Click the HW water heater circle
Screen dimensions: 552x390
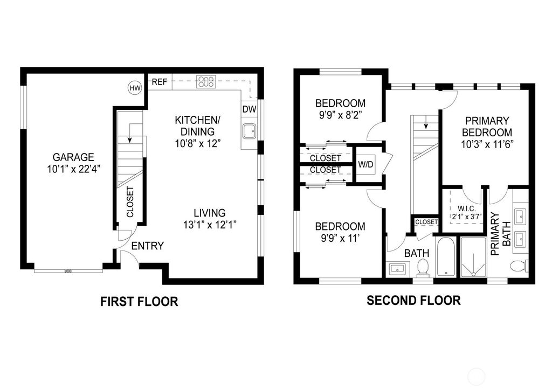pyautogui.click(x=134, y=87)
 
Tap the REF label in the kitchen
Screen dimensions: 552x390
pyautogui.click(x=159, y=82)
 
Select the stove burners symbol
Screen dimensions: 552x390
pyautogui.click(x=206, y=82)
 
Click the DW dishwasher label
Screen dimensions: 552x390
pyautogui.click(x=249, y=109)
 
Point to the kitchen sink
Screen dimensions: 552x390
pyautogui.click(x=249, y=131)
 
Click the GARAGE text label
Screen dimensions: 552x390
pyautogui.click(x=73, y=157)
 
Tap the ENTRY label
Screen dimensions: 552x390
pyautogui.click(x=147, y=246)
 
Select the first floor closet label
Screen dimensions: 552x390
pyautogui.click(x=130, y=203)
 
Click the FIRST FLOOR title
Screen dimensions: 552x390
pyautogui.click(x=139, y=302)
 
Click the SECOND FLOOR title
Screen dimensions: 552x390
pyautogui.click(x=413, y=301)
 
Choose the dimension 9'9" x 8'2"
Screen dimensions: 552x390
pyautogui.click(x=340, y=114)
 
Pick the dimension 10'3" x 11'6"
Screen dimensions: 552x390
pyautogui.click(x=488, y=144)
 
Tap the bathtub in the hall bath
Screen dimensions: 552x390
pyautogui.click(x=446, y=256)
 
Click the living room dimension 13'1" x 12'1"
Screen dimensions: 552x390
pyautogui.click(x=210, y=225)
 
